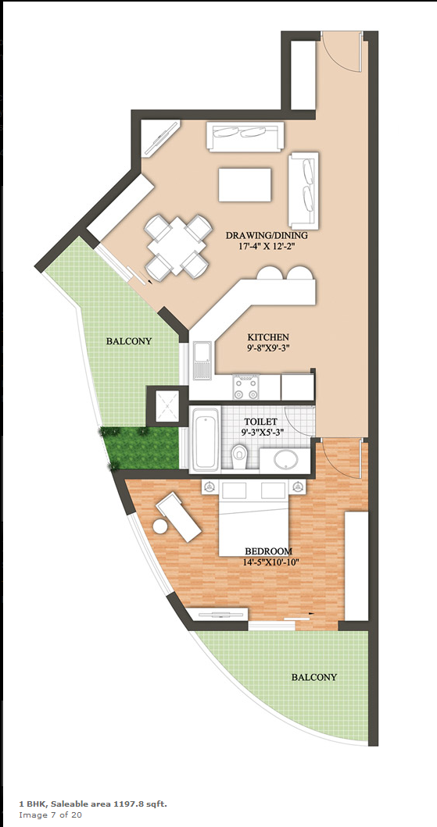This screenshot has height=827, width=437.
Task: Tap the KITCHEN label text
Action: (x=268, y=337)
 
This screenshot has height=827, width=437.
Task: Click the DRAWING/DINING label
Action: (x=267, y=235)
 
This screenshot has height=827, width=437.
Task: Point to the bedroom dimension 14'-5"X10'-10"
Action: (x=268, y=562)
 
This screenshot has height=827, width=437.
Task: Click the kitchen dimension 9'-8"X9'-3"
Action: (x=269, y=348)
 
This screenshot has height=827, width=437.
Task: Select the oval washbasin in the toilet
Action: (x=286, y=460)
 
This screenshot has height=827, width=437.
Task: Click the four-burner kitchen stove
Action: (x=246, y=387)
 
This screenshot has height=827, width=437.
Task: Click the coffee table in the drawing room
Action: (x=245, y=184)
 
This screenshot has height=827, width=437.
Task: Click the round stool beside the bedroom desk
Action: (x=160, y=526)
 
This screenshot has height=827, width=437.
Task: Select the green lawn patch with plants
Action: (x=141, y=448)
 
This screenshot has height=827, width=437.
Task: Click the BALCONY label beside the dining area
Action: (x=129, y=341)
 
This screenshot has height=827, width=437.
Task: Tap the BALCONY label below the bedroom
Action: (x=314, y=677)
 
